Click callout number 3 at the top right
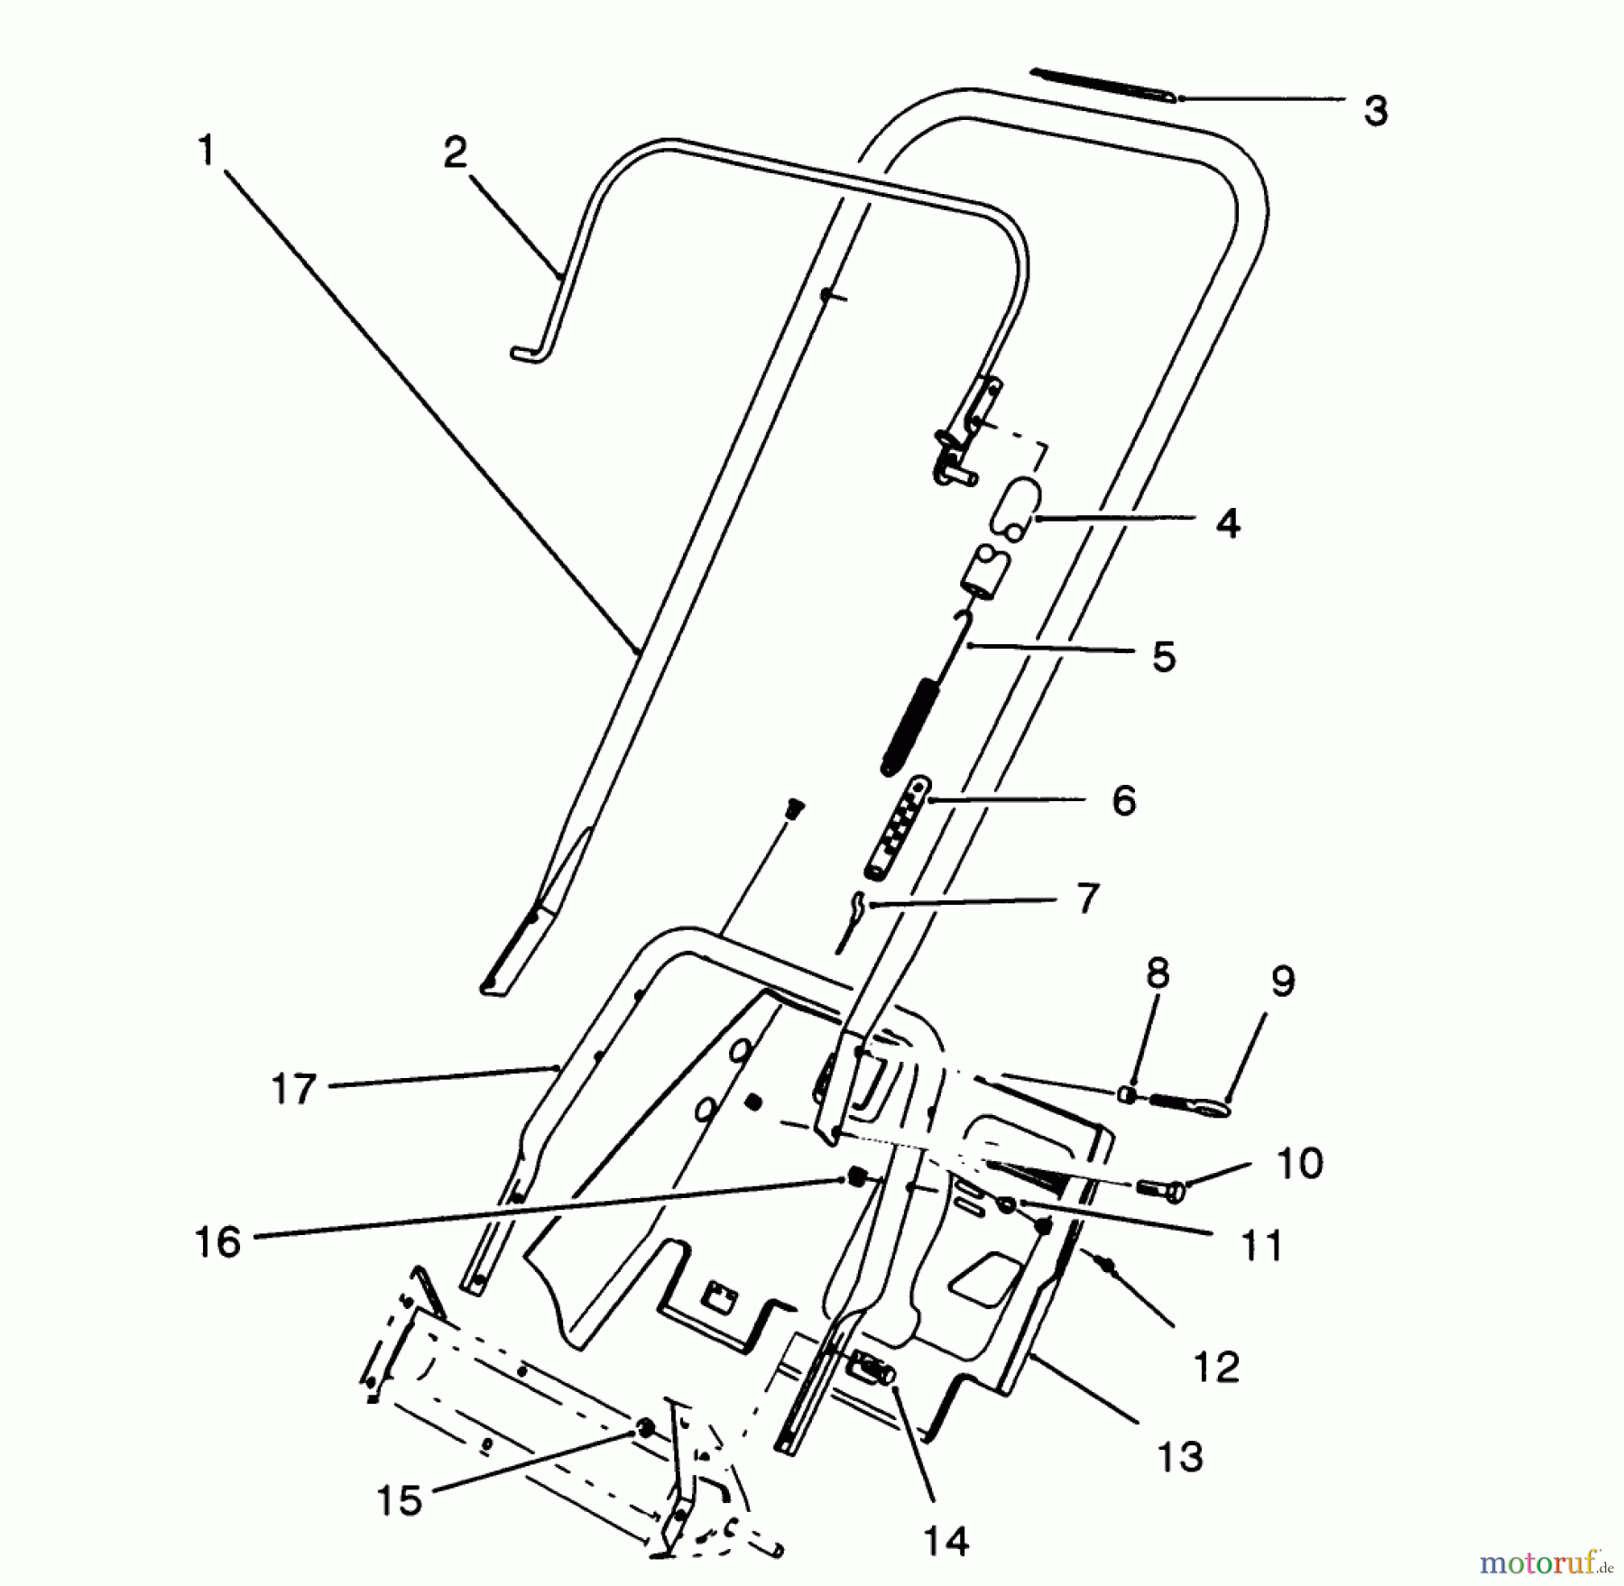click(x=1375, y=111)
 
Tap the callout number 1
click(x=207, y=151)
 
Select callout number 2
click(x=455, y=153)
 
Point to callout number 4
click(x=1227, y=523)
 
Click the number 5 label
click(x=1164, y=656)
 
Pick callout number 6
click(x=1123, y=800)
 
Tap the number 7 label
click(x=1088, y=899)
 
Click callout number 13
click(x=1180, y=1456)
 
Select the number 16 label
click(x=218, y=1242)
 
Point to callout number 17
click(x=294, y=1089)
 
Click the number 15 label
click(x=400, y=1500)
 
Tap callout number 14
click(x=946, y=1541)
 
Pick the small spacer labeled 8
click(x=1128, y=1094)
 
